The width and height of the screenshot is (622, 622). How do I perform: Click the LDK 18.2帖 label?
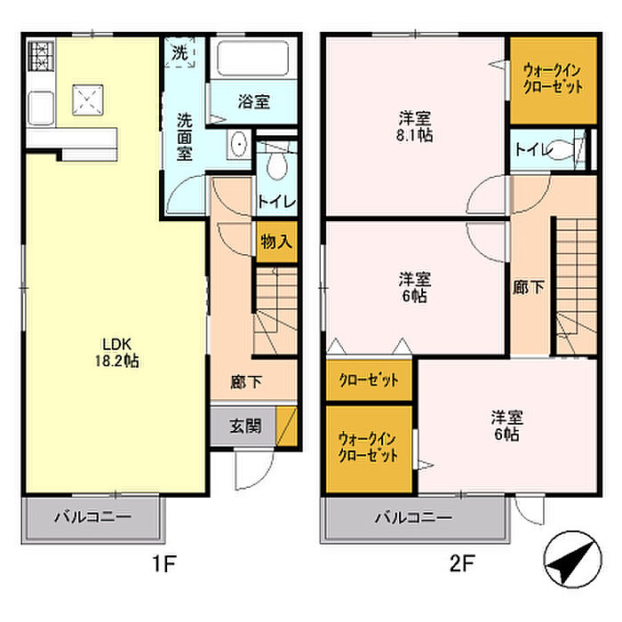116,352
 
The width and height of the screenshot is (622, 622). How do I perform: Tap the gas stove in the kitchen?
41,56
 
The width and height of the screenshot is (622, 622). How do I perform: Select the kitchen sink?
41,108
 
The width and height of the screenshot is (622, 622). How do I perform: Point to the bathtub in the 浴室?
253,58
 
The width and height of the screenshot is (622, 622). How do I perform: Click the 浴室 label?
254,102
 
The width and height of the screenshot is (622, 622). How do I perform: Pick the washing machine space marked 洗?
179,52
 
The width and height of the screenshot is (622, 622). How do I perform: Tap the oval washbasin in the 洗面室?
239,144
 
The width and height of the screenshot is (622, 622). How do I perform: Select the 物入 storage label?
276,241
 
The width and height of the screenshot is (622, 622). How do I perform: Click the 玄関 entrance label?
245,427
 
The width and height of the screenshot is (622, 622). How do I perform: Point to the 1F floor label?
164,562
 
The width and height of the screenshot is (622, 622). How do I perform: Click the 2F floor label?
463,562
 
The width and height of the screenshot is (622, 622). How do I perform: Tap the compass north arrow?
572,559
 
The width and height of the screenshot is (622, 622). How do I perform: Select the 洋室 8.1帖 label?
415,126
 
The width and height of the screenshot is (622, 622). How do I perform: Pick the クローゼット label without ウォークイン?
369,380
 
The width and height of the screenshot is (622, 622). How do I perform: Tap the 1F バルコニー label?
92,517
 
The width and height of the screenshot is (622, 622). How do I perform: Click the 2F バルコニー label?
414,517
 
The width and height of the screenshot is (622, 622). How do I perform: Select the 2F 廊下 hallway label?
529,287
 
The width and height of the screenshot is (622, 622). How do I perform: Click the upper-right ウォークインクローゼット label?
554,78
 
